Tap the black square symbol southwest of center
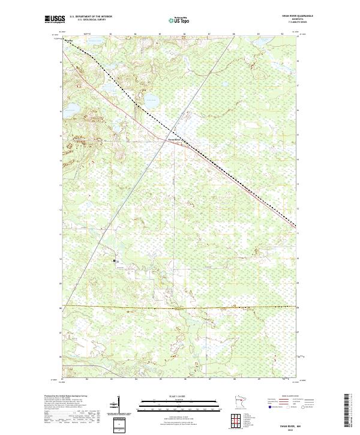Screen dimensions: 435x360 [115, 261]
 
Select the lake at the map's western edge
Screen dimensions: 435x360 [71, 110]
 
